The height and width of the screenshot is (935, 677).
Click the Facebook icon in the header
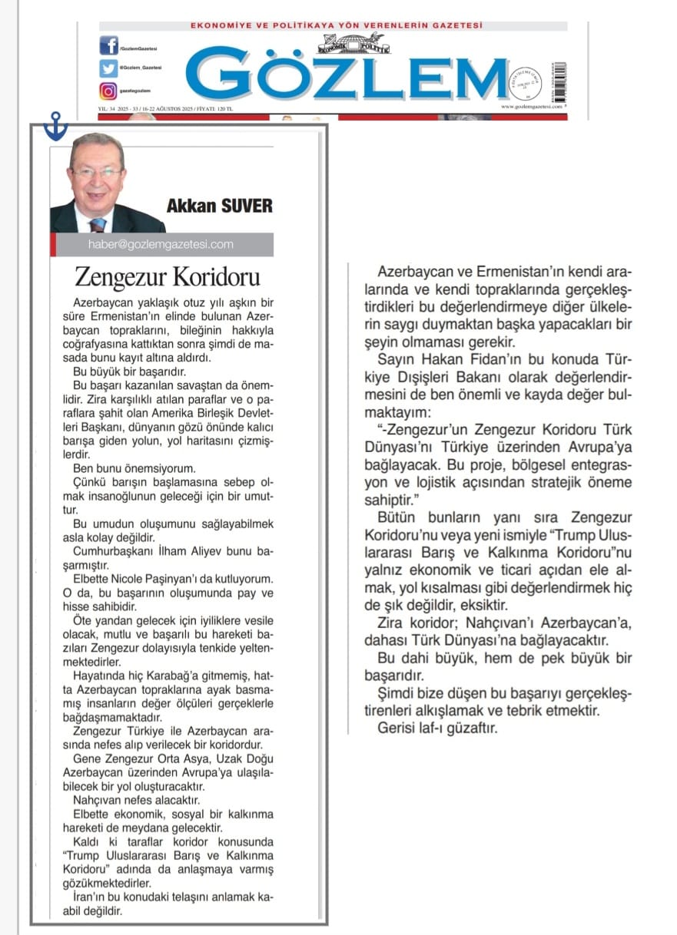click(x=108, y=46)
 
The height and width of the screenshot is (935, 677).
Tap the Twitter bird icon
click(x=108, y=68)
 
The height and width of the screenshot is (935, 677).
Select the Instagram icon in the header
click(x=108, y=91)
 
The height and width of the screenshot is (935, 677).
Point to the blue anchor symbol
click(x=55, y=126)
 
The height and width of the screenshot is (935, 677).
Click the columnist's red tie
click(x=98, y=224)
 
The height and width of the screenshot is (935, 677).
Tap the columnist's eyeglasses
click(x=98, y=173)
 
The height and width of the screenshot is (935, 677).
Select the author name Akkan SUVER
click(x=219, y=206)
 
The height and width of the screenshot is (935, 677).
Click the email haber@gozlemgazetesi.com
click(x=161, y=245)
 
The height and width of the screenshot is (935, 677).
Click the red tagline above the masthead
click(x=336, y=26)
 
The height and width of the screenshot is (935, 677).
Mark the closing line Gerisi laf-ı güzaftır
click(x=437, y=728)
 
